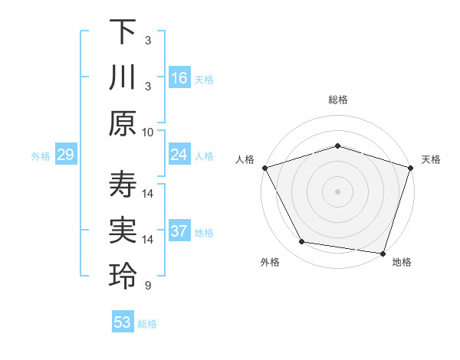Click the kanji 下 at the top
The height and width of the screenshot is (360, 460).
pyautogui.click(x=123, y=31)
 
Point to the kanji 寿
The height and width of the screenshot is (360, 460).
pyautogui.click(x=123, y=185)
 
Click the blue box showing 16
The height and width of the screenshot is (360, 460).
pyautogui.click(x=179, y=78)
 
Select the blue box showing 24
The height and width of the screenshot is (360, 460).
pyautogui.click(x=179, y=155)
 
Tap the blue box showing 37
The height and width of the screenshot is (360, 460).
pyautogui.click(x=179, y=232)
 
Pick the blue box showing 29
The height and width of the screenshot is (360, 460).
pyautogui.click(x=65, y=155)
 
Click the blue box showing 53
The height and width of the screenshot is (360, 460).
pyautogui.click(x=123, y=322)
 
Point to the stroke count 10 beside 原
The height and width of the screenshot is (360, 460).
pyautogui.click(x=148, y=132)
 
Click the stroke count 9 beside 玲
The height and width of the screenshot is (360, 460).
pyautogui.click(x=148, y=286)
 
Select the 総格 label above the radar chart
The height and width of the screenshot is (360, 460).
pyautogui.click(x=337, y=100)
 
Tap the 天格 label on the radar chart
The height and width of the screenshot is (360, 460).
pyautogui.click(x=431, y=159)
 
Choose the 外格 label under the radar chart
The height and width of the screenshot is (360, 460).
pyautogui.click(x=270, y=263)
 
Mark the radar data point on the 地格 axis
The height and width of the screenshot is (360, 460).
pyautogui.click(x=383, y=253)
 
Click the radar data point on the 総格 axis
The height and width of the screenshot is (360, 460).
pyautogui.click(x=337, y=146)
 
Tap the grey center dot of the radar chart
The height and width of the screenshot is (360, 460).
pyautogui.click(x=337, y=191)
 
